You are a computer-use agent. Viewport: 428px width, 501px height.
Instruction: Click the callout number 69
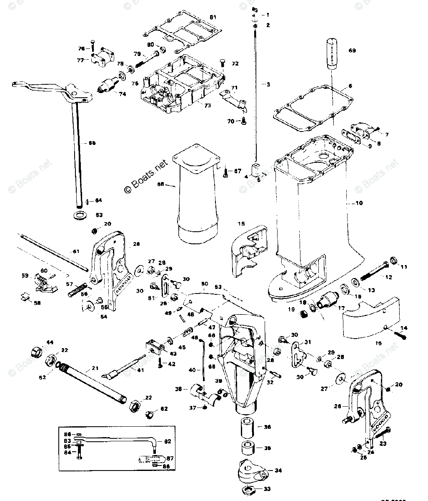point(352,51)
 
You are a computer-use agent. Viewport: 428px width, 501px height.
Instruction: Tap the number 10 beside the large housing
point(359,203)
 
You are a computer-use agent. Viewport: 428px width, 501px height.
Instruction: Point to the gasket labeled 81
point(181,30)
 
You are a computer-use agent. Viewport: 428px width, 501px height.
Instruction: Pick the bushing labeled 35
point(249,448)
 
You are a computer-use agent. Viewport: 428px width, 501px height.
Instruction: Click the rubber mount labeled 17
point(327,299)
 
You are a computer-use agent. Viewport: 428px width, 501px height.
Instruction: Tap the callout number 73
point(207,106)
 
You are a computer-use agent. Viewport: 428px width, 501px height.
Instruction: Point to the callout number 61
point(75,251)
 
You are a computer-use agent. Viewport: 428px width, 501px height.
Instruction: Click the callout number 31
point(308,342)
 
